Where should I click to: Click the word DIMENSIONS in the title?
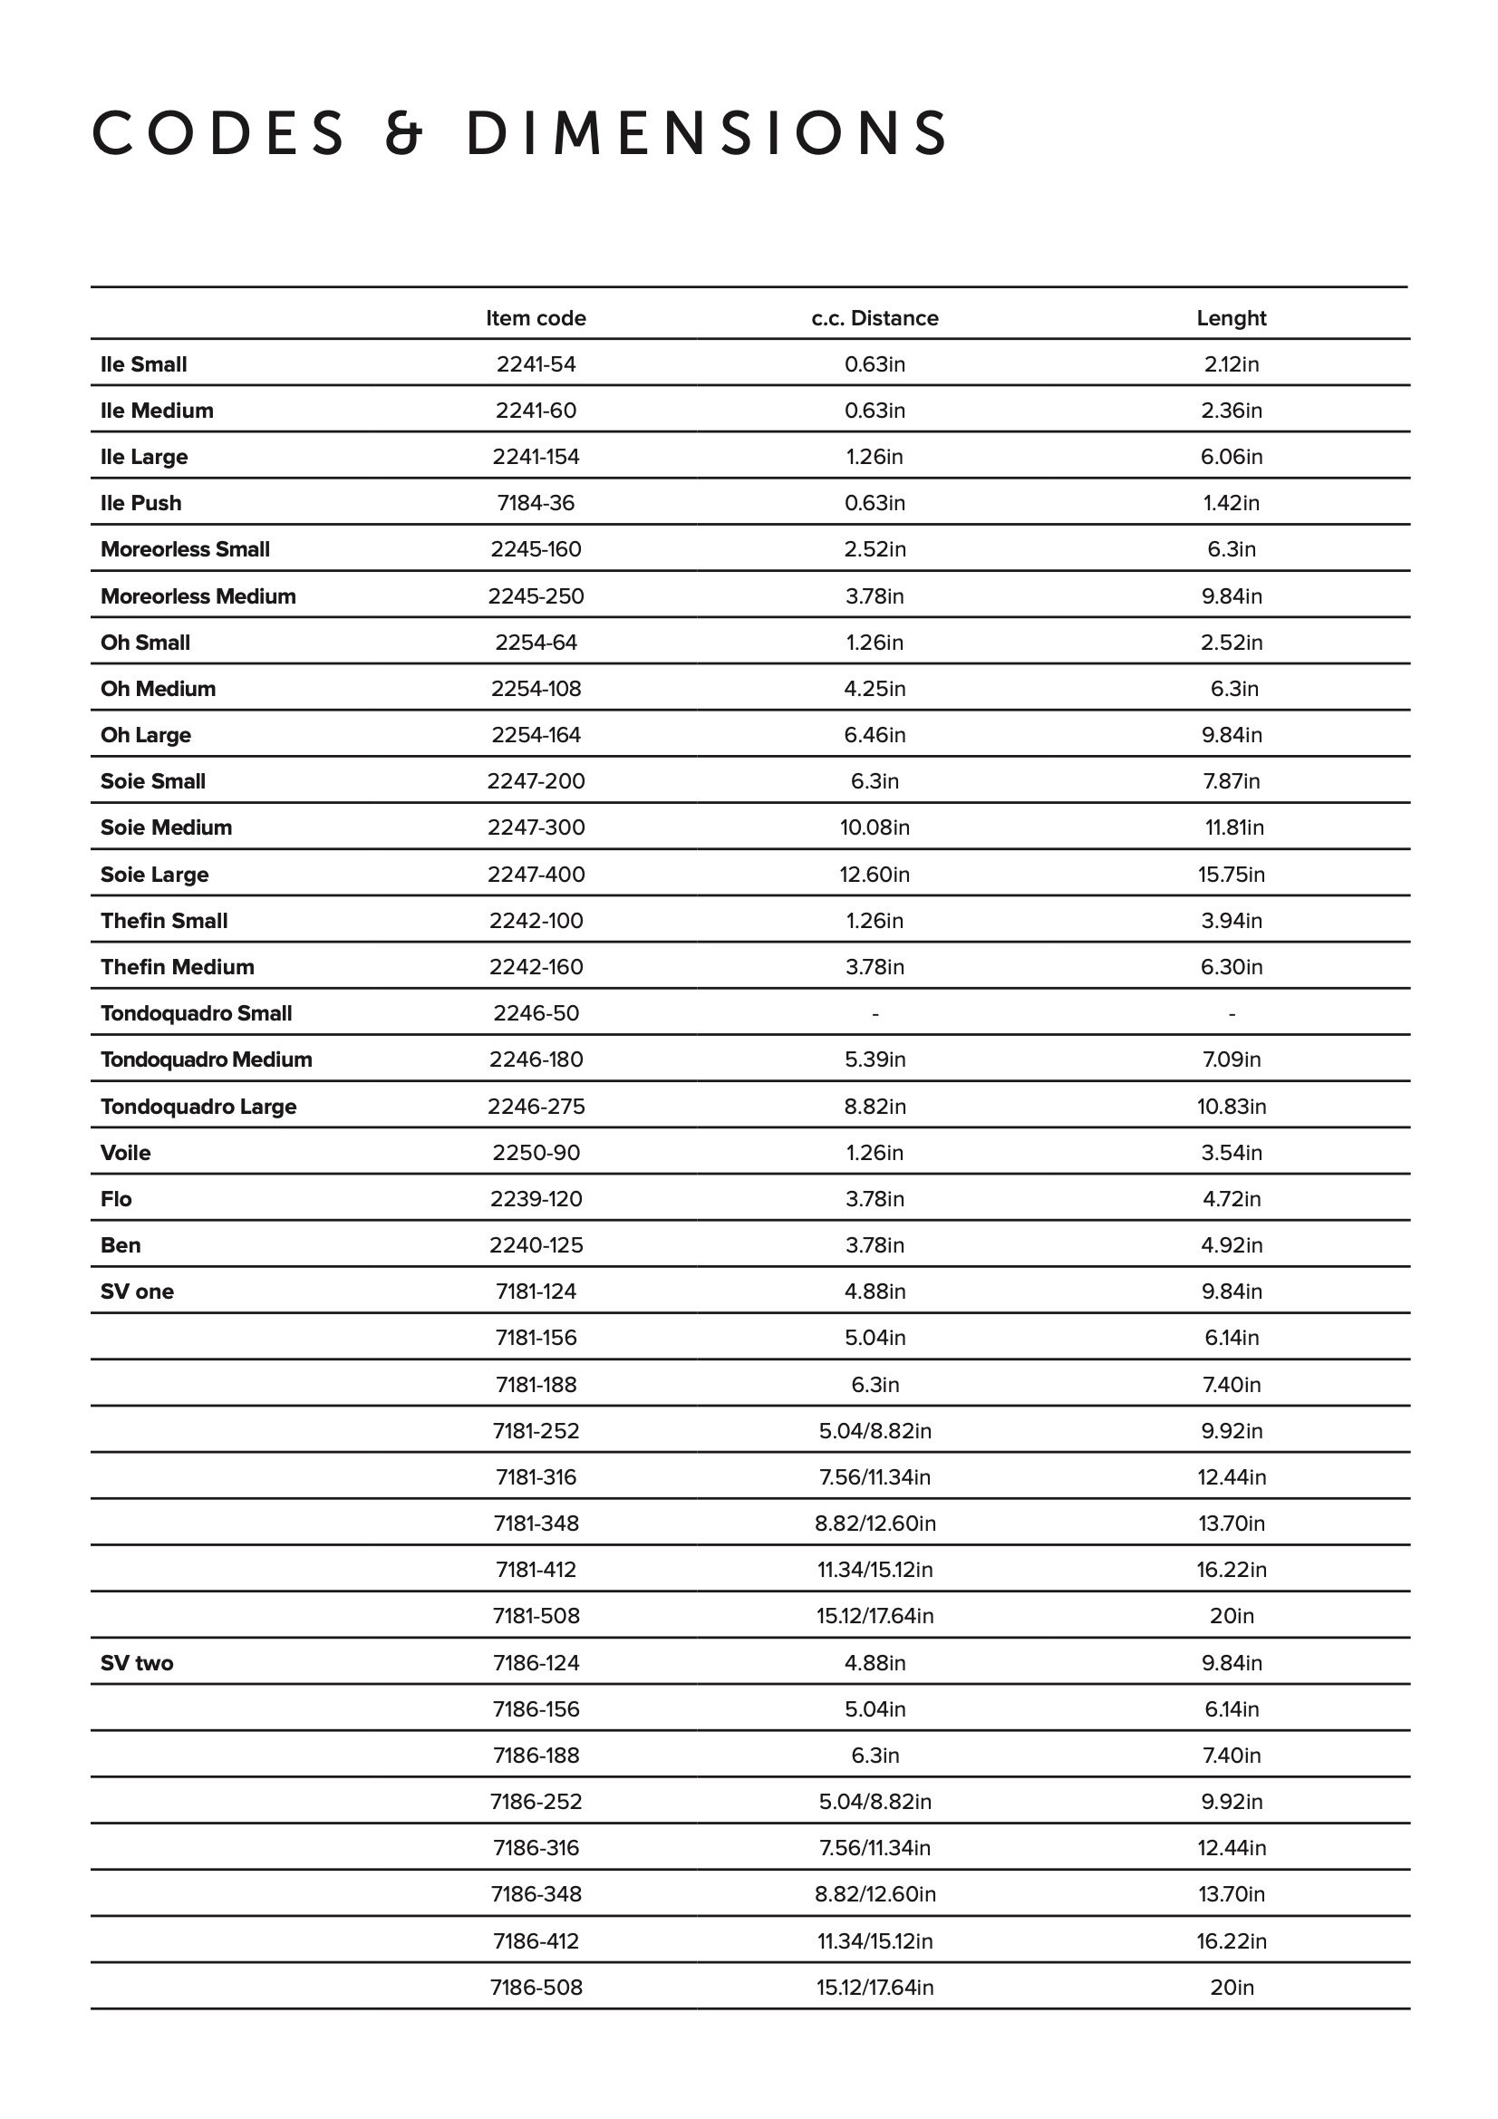pos(707,133)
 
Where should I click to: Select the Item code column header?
pos(536,318)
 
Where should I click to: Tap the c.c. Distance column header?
pos(875,318)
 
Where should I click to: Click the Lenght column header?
pos(1232,318)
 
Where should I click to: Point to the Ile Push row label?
pos(141,503)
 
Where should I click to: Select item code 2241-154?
pos(536,457)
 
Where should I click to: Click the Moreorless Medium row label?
pos(198,596)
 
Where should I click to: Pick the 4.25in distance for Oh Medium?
pos(875,689)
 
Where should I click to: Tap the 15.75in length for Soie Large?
pos(1232,874)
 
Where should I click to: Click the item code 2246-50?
pos(536,1013)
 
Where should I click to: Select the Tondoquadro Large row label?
pos(198,1107)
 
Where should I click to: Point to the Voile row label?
pos(126,1153)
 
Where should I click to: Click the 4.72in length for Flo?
pos(1232,1199)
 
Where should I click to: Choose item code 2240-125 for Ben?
pos(536,1245)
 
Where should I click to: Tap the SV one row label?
pos(138,1292)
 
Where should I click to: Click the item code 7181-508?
pos(536,1616)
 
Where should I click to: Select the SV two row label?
pos(137,1663)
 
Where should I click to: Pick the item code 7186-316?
pos(536,1848)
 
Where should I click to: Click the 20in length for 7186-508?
pos(1232,1987)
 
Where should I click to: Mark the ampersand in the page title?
pos(403,133)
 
